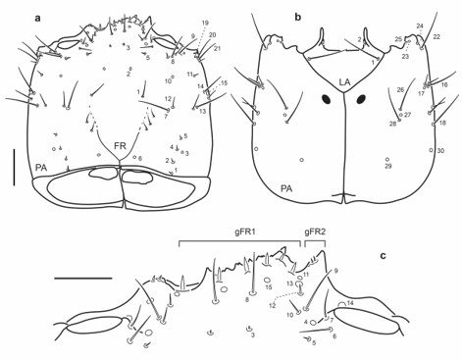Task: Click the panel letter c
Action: tap(384, 256)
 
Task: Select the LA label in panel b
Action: tap(344, 81)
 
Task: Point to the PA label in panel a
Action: tap(41, 168)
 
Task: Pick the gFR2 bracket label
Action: tap(316, 232)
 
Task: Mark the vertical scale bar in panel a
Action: tap(15, 167)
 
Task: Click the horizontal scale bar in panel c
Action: tap(83, 278)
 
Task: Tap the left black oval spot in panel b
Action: tap(325, 98)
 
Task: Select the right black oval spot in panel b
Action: tap(361, 99)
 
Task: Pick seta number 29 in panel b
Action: tap(388, 167)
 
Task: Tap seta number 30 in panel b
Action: tap(440, 150)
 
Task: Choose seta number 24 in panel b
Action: tap(420, 26)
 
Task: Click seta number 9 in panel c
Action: tap(335, 270)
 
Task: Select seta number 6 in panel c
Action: tap(334, 336)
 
